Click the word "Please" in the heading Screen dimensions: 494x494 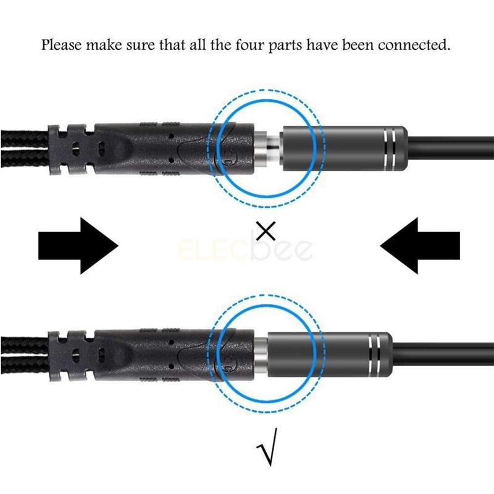coord(61,45)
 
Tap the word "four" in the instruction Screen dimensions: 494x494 coord(251,44)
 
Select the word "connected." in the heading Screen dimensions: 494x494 coord(414,44)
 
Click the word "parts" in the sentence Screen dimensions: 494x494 coord(285,46)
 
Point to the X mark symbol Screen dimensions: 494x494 coord(266,230)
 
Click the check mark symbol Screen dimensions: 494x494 coord(267,447)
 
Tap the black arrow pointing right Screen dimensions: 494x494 coord(78,246)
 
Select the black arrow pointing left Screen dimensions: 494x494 coord(420,246)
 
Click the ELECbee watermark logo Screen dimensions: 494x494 coord(245,249)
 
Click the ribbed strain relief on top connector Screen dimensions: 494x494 coord(71,149)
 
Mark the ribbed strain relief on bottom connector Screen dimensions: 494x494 coord(71,356)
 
